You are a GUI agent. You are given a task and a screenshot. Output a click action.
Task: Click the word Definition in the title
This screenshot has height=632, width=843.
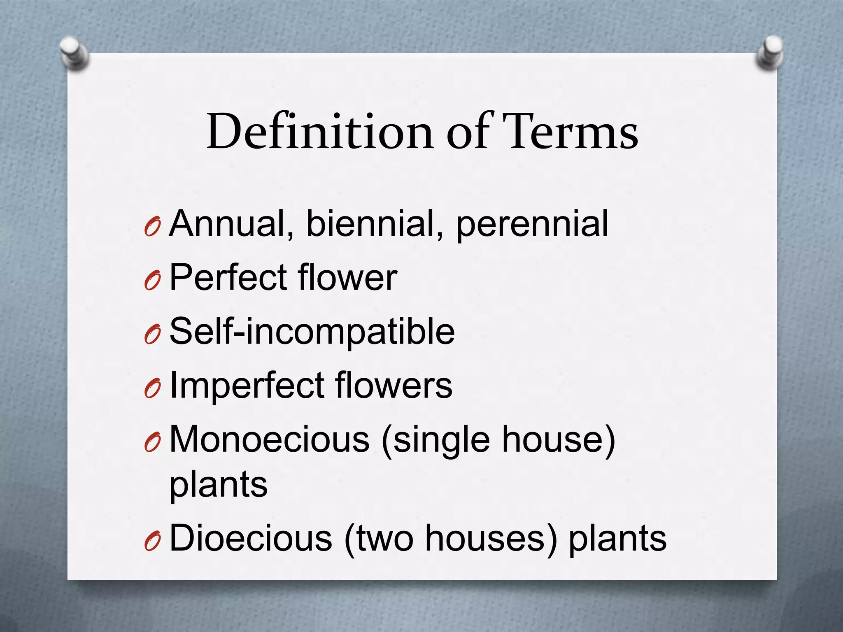pos(319,132)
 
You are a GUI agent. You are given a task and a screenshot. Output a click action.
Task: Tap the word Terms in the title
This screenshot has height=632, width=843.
pos(571,132)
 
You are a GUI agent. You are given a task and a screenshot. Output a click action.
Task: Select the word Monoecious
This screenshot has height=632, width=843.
pos(270,439)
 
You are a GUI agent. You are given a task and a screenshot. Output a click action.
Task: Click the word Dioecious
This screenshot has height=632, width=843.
pos(251,538)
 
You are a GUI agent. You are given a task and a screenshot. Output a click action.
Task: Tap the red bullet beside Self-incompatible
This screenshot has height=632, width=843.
pos(152,336)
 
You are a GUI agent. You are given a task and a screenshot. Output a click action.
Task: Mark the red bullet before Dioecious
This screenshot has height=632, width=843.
pos(152,543)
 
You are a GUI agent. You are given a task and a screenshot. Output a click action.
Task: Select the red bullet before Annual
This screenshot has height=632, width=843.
pos(152,228)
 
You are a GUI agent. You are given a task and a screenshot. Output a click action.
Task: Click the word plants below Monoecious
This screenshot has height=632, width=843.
pos(219,485)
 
